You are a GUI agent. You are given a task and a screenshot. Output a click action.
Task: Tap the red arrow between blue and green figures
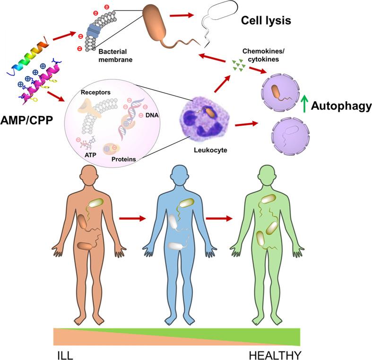coord(221,219)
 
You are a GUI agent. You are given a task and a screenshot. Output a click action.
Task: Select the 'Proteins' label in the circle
coord(124,159)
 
